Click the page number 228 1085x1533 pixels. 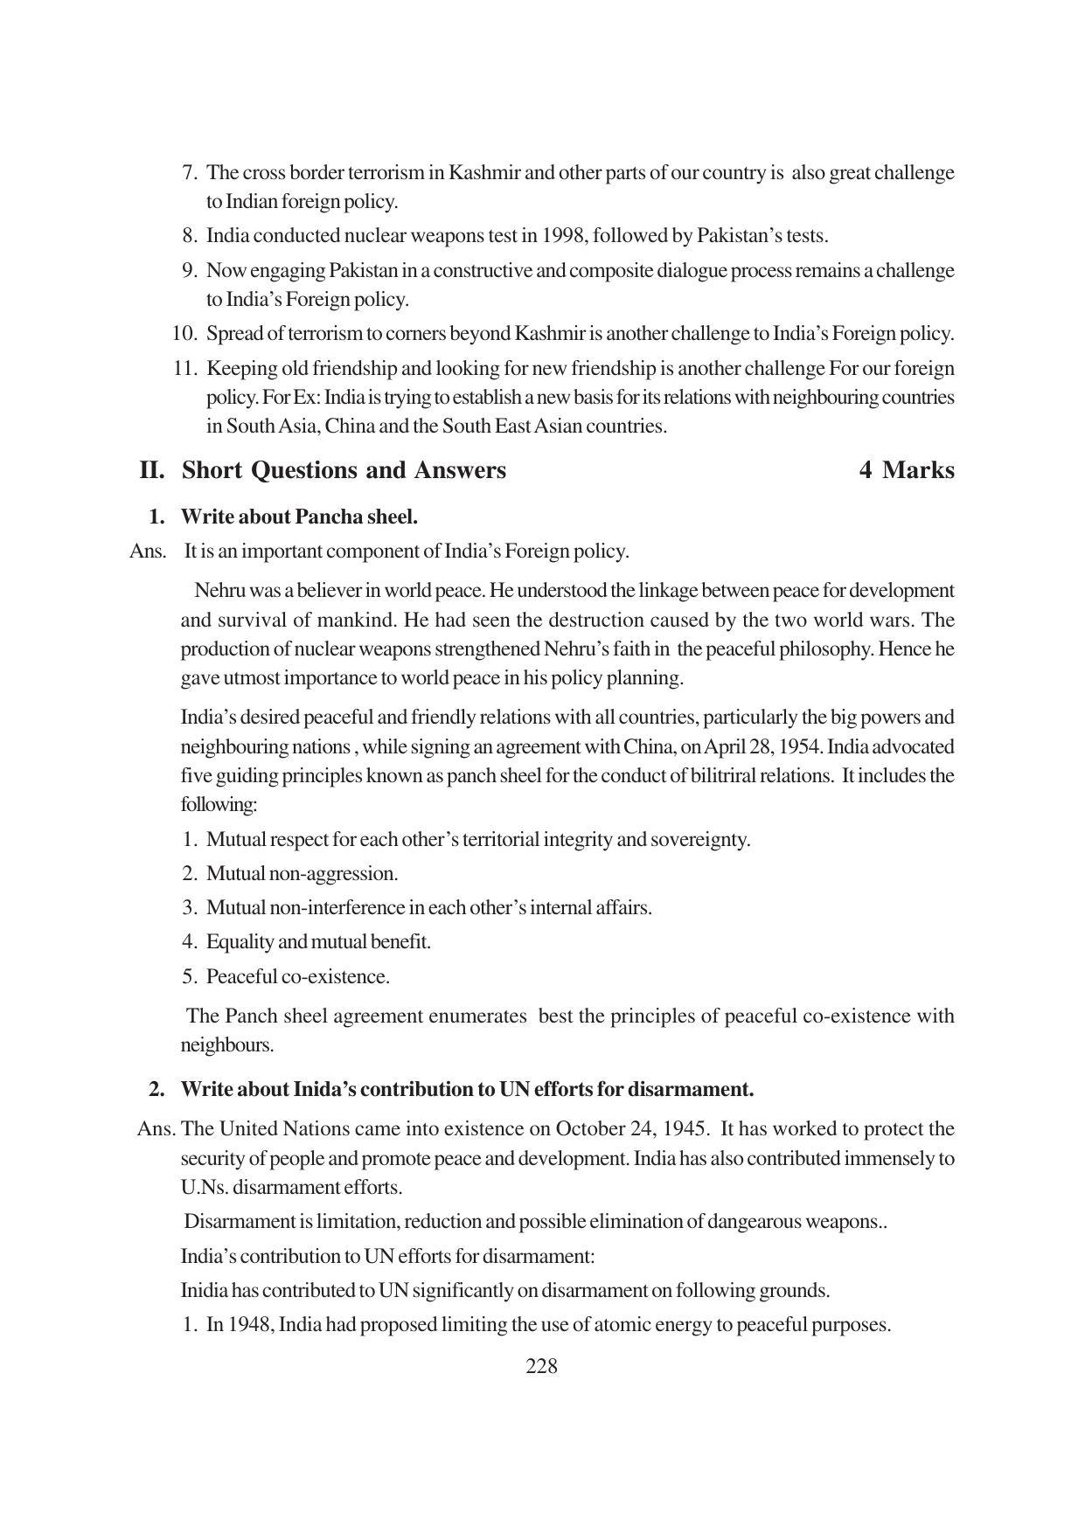(x=541, y=1366)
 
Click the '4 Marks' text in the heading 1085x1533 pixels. (x=907, y=470)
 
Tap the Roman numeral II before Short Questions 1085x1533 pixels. (x=152, y=470)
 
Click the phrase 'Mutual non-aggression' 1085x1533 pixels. (x=302, y=874)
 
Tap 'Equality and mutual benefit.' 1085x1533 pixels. (x=318, y=942)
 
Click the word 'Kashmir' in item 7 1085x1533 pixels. (x=483, y=173)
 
